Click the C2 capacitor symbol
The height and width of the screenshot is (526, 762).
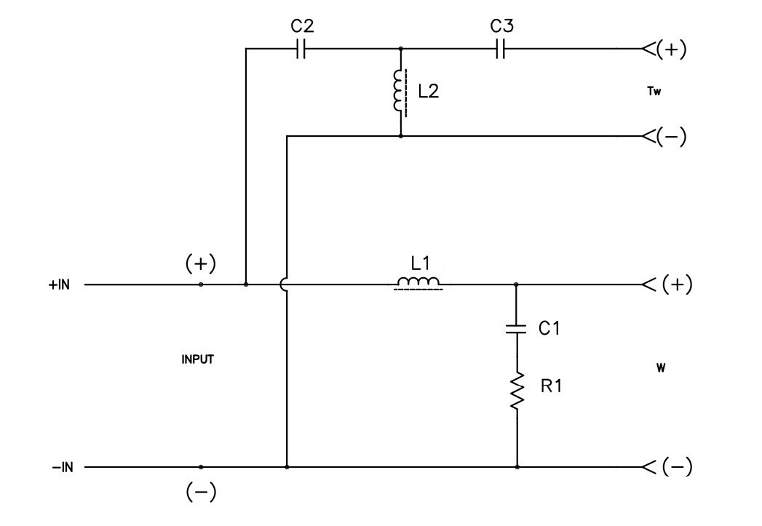click(303, 49)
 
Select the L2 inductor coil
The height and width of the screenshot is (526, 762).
click(398, 92)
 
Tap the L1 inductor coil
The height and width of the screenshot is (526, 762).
click(418, 283)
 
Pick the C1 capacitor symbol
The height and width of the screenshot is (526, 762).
click(517, 330)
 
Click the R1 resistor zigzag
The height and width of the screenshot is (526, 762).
click(517, 391)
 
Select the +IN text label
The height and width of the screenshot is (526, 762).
click(60, 285)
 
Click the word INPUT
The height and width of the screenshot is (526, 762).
click(197, 359)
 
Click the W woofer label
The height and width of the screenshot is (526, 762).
click(659, 368)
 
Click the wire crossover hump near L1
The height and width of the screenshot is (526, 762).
click(284, 284)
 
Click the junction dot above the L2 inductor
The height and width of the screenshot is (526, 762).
click(400, 49)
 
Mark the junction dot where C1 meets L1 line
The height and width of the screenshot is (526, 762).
click(517, 284)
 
